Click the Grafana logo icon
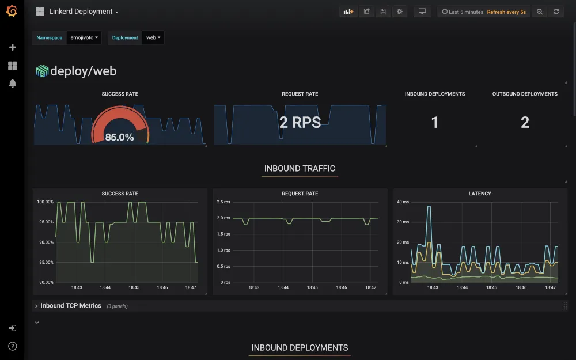click(12, 11)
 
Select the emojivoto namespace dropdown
click(84, 37)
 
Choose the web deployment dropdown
click(153, 37)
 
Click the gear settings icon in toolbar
click(400, 12)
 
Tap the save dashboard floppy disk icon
click(383, 12)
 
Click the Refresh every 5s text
click(506, 12)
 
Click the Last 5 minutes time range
click(463, 12)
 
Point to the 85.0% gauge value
click(119, 137)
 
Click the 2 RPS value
click(300, 122)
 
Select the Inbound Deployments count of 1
click(434, 122)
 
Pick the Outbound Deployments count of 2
click(525, 122)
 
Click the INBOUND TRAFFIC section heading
click(300, 169)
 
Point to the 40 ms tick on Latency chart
click(403, 202)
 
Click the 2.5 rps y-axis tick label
click(223, 202)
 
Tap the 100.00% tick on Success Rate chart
click(45, 202)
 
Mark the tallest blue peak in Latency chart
click(429, 206)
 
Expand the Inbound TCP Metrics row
click(70, 306)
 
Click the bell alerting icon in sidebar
click(13, 84)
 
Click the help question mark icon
click(13, 346)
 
